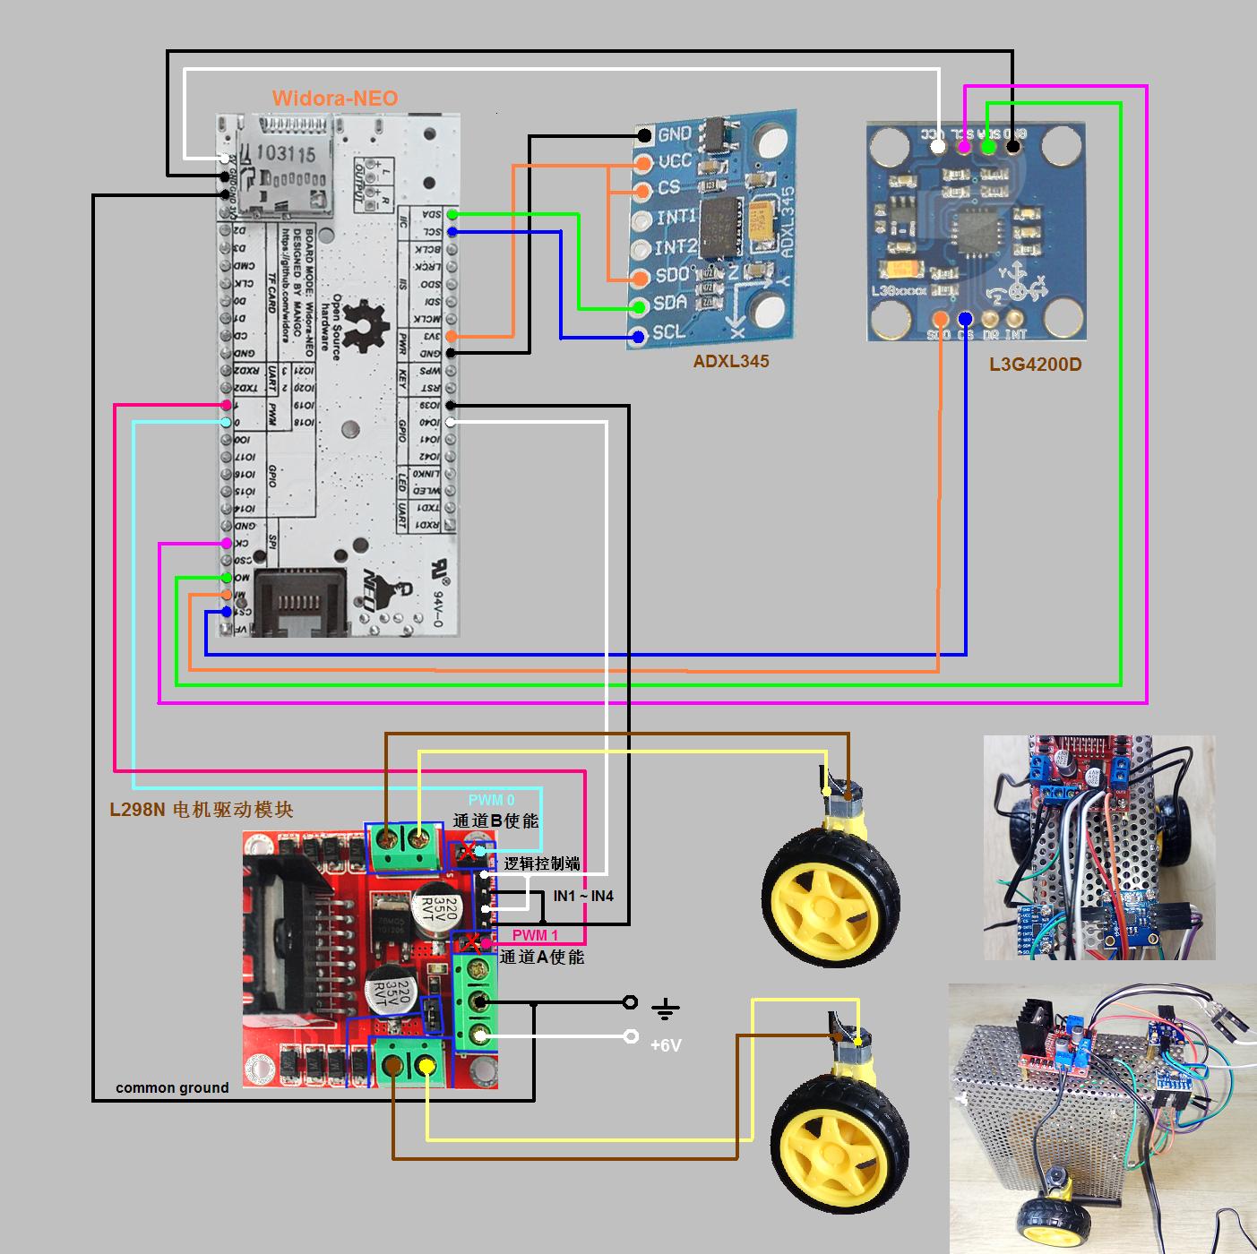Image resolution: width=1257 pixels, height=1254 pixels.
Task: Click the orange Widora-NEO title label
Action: [335, 99]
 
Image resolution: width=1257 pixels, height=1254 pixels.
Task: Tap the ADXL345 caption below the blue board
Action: [730, 361]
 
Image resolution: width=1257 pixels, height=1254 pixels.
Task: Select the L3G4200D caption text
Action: [1035, 365]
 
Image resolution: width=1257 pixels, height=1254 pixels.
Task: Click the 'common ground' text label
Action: [172, 1087]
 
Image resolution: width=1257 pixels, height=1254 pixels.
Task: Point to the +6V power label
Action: [666, 1045]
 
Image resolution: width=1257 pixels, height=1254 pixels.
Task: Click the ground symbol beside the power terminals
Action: [664, 1009]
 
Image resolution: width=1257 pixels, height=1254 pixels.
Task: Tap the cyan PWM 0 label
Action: [492, 800]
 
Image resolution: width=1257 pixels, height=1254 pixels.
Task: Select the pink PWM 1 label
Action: [535, 936]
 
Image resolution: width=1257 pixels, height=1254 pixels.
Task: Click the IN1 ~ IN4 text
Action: [583, 896]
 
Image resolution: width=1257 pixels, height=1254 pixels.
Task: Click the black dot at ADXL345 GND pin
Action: [644, 136]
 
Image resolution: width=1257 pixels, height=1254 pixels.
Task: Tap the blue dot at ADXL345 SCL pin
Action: [638, 337]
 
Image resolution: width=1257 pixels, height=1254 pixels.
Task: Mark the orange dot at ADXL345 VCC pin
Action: [641, 163]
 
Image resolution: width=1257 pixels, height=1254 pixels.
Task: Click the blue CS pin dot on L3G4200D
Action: [965, 319]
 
